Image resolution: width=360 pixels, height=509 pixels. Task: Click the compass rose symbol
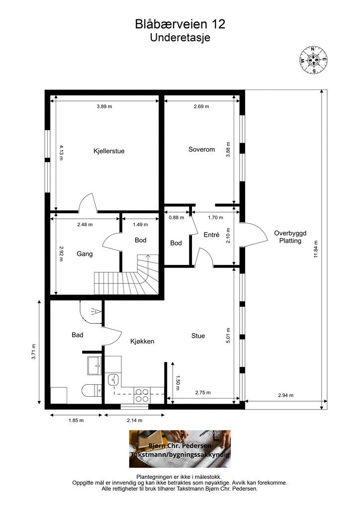313,60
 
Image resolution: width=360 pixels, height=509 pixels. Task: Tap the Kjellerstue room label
109,151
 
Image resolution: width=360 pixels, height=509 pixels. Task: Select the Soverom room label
201,149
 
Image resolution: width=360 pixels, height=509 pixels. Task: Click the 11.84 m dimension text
316,249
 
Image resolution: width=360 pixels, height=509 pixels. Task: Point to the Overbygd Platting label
290,237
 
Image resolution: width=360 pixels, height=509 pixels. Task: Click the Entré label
212,235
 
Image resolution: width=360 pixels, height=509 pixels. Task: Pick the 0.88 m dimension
176,218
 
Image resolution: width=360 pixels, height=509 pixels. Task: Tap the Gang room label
85,254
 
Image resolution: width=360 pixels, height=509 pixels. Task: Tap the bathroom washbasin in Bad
94,366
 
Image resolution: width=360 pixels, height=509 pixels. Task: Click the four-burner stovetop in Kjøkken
142,395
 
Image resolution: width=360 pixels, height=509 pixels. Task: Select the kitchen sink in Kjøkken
113,379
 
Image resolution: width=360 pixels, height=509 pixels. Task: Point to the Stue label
198,336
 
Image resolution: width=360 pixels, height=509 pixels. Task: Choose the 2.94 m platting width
285,395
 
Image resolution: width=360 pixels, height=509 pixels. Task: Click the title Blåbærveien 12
180,24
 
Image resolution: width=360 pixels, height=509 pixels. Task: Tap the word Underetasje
180,37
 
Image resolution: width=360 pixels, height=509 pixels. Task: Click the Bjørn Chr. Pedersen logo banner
180,449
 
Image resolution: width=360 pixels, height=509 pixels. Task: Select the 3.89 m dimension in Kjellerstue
104,106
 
